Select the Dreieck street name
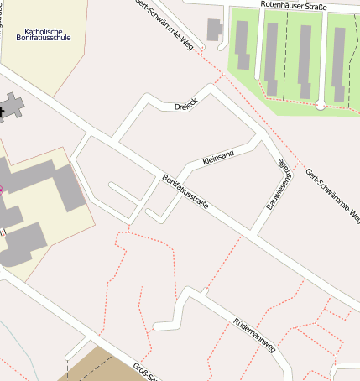[185, 107]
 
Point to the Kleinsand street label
[220, 156]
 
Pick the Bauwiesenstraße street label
[279, 184]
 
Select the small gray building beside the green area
[215, 30]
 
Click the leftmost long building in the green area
[243, 45]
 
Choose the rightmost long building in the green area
[337, 62]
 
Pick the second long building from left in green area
[272, 50]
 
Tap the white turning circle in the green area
[320, 105]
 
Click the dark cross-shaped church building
[10, 107]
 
